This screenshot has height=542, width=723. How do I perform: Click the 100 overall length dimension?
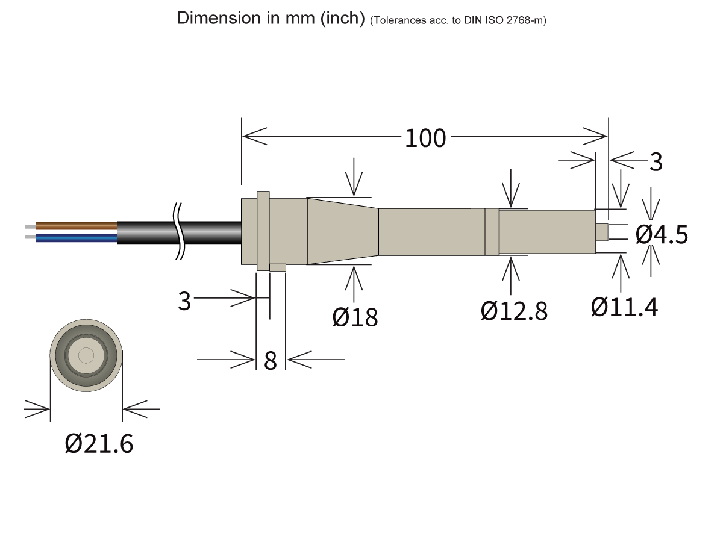425,139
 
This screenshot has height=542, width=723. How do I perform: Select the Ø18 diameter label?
355,316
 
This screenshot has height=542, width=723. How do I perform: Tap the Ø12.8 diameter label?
514,311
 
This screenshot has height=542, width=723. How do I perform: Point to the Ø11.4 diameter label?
625,307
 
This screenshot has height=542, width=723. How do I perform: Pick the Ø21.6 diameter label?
99,444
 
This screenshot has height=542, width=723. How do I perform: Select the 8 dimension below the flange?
271,361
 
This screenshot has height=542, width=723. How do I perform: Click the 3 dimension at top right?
656,162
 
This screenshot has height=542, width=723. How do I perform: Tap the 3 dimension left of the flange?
184,301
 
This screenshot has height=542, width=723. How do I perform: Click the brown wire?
76,226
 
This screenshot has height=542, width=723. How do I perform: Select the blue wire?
76,238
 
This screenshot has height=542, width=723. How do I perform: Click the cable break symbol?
178,232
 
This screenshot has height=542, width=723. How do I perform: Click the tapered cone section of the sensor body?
342,231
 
